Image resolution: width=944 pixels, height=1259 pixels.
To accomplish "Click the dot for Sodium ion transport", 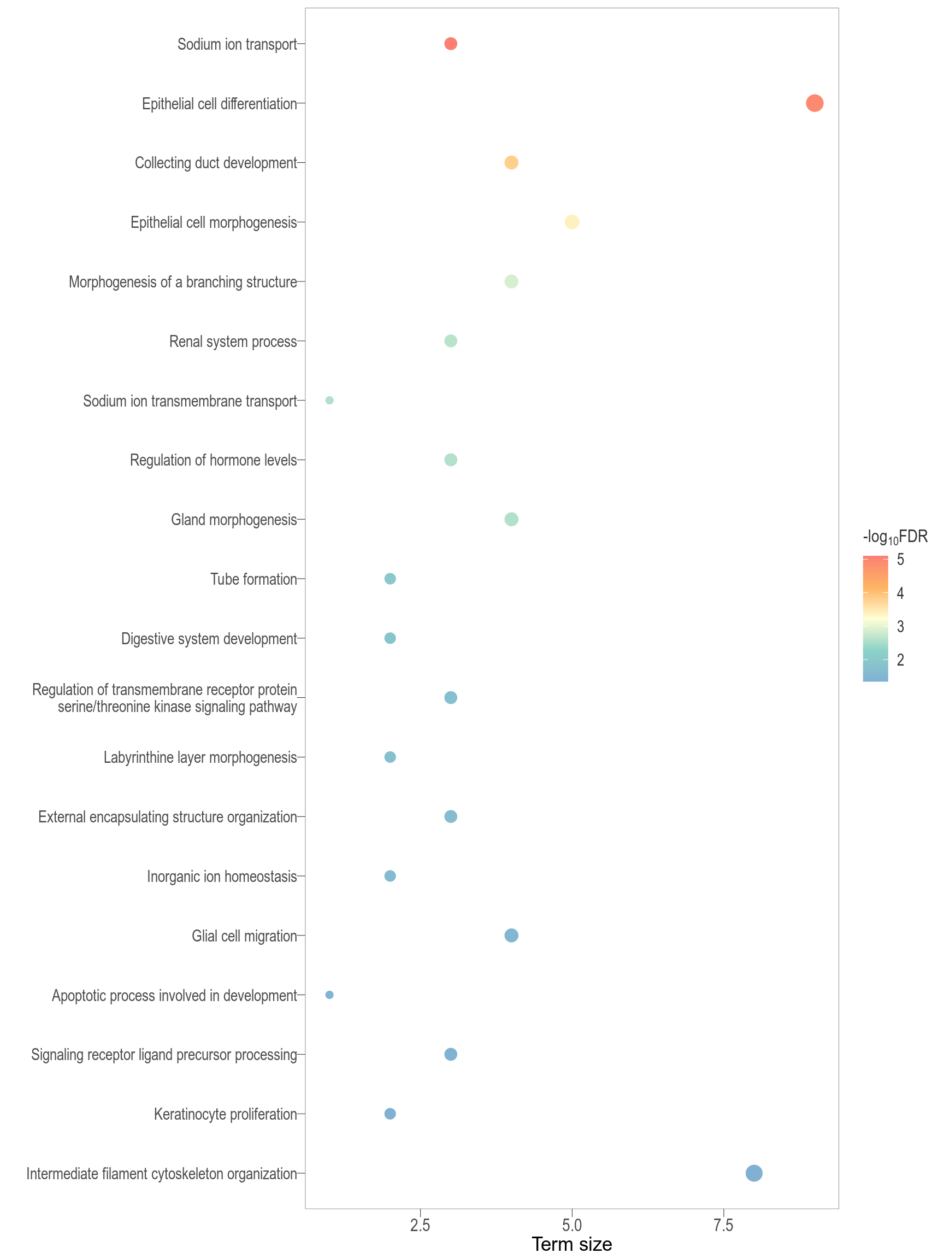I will (x=450, y=44).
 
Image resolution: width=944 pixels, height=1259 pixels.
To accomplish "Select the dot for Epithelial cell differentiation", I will (x=815, y=103).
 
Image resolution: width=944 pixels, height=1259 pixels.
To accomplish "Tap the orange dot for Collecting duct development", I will (x=511, y=163).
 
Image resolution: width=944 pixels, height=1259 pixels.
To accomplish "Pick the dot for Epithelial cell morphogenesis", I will (x=572, y=222).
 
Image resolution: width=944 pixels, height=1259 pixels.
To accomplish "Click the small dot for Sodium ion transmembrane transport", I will (x=329, y=401).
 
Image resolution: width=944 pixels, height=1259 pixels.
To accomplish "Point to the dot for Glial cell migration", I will (x=511, y=936).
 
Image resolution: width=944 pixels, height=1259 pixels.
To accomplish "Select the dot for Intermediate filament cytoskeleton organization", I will (x=753, y=1173).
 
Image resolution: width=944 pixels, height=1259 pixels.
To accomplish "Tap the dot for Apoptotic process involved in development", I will (x=329, y=995).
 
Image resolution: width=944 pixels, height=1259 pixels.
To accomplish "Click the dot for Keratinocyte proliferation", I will (x=390, y=1114).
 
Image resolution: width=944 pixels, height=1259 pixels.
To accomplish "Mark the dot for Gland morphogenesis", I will (x=511, y=519).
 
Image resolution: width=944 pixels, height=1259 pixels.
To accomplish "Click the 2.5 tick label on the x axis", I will (x=420, y=1225).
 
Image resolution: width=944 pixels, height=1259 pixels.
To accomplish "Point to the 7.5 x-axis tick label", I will (x=723, y=1225).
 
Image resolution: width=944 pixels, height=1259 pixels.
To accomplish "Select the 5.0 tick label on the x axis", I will (x=572, y=1225).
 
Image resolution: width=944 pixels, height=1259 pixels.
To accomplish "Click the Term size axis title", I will (x=572, y=1245).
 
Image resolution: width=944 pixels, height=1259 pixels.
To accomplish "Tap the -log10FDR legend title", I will (x=895, y=537).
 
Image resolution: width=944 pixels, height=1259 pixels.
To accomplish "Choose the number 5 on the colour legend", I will (x=900, y=560).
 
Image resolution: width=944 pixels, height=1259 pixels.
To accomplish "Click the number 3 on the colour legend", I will (x=900, y=627).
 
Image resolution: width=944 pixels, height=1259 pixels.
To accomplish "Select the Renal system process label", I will (x=233, y=342).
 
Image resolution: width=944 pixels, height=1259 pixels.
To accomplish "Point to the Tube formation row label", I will (x=253, y=579).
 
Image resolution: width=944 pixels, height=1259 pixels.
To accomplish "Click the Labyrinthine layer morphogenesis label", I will (x=200, y=757).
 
